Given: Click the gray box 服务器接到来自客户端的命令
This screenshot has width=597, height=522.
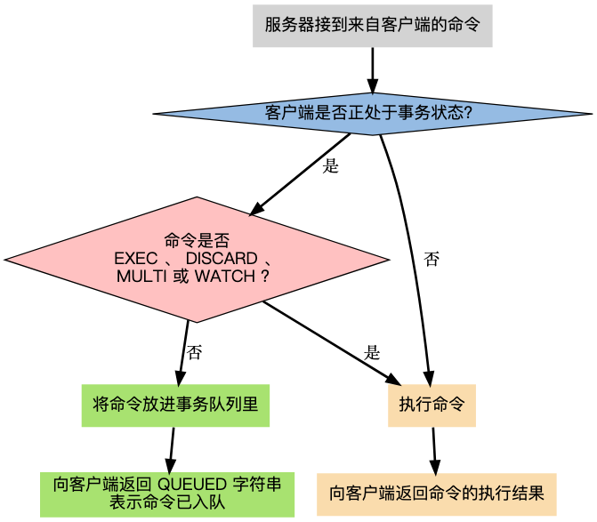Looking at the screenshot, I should point(372,26).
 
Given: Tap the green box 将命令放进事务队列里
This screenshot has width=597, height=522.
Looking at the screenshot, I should point(175,406).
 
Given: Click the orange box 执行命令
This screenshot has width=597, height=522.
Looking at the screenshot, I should point(432,406).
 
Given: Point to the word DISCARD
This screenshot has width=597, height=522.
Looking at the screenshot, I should point(221,258).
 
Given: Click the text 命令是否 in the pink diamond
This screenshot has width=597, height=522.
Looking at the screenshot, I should point(197,240).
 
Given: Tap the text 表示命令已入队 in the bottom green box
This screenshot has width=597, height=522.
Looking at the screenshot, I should point(167,502).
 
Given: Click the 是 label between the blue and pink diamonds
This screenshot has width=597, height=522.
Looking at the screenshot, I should point(330,166).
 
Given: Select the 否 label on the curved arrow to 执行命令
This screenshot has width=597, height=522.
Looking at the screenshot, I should point(432,260).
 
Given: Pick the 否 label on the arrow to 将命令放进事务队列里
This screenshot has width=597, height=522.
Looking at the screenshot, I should point(194,352).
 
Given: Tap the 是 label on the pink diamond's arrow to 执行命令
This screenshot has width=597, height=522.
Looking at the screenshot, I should point(372,352).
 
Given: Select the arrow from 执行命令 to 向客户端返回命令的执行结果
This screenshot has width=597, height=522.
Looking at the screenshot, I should point(434,450).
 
